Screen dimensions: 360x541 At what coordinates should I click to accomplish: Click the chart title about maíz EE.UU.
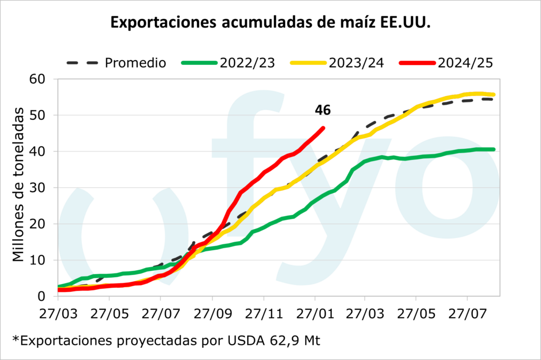(x=270, y=24)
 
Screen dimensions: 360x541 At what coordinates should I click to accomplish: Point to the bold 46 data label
(x=323, y=110)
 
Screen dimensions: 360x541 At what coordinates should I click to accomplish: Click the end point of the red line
(x=323, y=128)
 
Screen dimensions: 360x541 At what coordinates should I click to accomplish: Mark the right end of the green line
(x=493, y=149)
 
